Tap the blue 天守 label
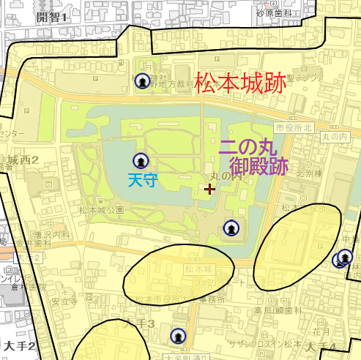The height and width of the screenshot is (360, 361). [142, 179]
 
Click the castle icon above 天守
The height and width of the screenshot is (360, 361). [139, 160]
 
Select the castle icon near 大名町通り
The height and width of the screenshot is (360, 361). [178, 337]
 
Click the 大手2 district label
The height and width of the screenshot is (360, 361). [18, 345]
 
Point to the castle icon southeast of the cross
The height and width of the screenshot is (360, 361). [231, 229]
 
